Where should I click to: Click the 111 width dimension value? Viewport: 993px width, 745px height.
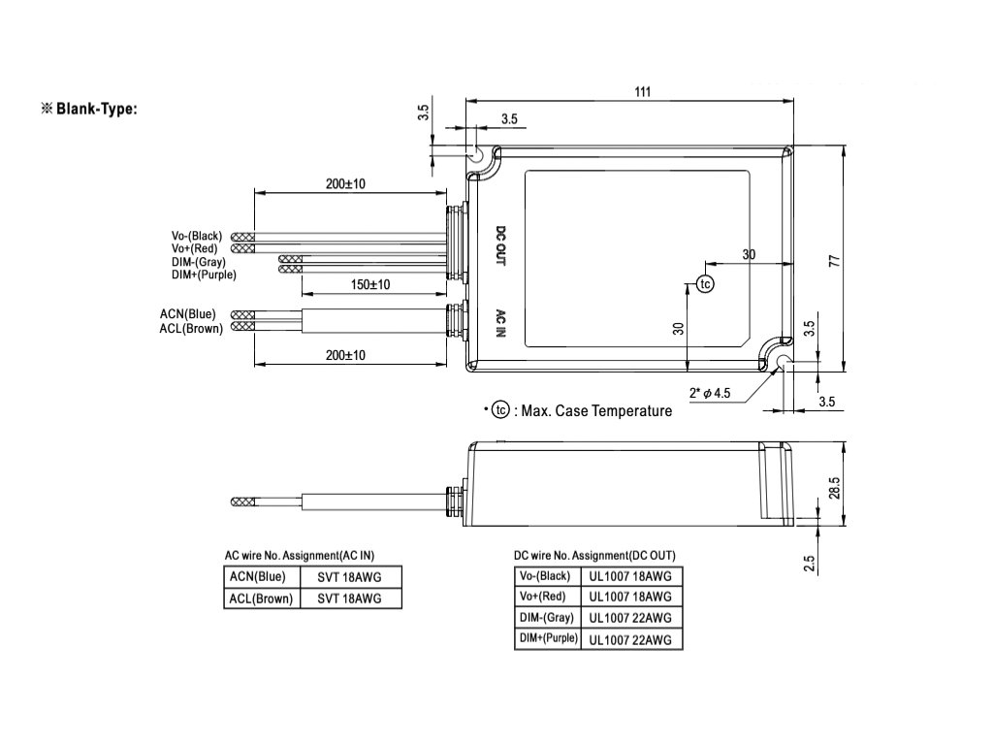pyautogui.click(x=643, y=91)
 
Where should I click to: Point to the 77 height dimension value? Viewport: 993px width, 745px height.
pyautogui.click(x=833, y=261)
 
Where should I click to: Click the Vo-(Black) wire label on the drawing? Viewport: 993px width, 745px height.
pyautogui.click(x=197, y=236)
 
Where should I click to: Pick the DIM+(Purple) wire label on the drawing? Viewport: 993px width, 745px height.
pyautogui.click(x=204, y=275)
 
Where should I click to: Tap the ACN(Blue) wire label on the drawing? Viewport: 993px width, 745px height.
pyautogui.click(x=188, y=314)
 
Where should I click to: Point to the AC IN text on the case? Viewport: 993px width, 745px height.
pyautogui.click(x=500, y=323)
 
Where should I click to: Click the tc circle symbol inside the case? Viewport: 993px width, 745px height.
pyautogui.click(x=705, y=283)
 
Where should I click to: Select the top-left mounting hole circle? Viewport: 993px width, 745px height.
pyautogui.click(x=477, y=154)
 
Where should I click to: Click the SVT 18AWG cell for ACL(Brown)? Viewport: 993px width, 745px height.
pyautogui.click(x=349, y=599)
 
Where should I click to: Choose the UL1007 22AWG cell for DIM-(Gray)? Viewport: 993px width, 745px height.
pyautogui.click(x=630, y=618)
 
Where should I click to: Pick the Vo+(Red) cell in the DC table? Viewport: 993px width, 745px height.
pyautogui.click(x=544, y=597)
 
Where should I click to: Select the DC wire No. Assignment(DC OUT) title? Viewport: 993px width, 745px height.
pyautogui.click(x=594, y=556)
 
